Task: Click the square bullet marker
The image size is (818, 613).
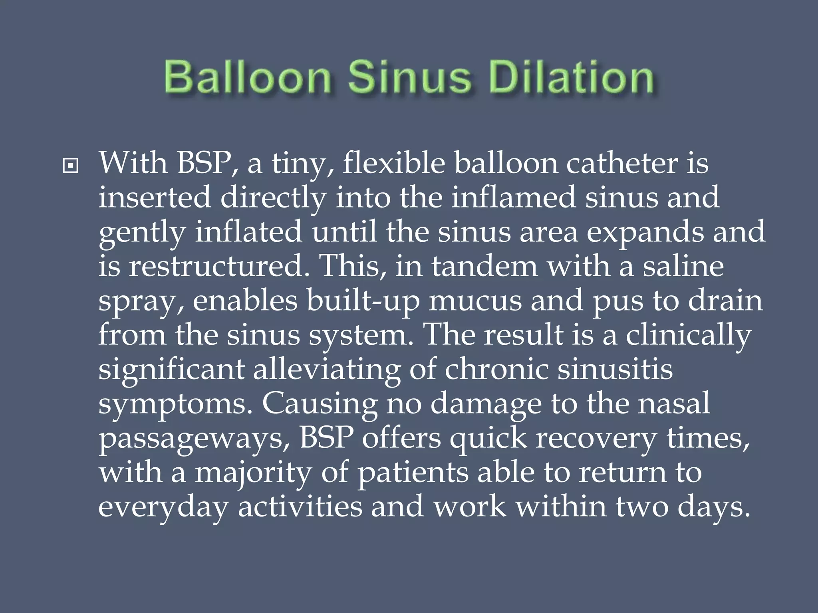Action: click(x=71, y=166)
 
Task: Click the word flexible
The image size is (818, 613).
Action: click(x=393, y=164)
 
